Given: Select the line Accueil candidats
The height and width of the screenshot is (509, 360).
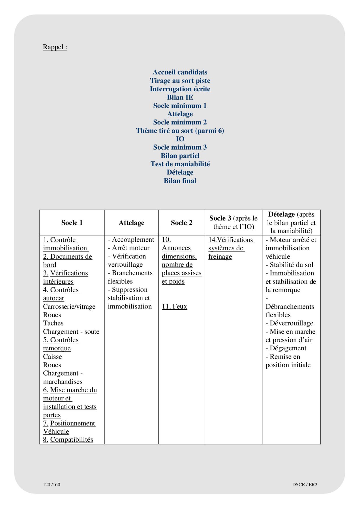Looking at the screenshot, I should (180, 72).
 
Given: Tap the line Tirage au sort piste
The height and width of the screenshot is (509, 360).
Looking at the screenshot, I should (180, 81).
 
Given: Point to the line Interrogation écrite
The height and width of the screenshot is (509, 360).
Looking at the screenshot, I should (180, 89).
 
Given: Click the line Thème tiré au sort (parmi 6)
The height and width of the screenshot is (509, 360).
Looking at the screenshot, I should (180, 131).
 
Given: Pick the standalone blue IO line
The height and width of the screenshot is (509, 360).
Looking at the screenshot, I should (180, 139).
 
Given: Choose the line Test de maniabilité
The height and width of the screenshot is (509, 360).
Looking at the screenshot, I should (180, 164).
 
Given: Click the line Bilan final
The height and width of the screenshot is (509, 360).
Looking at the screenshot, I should (180, 181).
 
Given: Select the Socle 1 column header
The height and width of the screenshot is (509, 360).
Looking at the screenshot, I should (72, 223).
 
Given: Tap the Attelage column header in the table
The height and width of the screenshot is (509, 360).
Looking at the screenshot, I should (131, 223).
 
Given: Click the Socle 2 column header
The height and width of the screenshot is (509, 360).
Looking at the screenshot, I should (181, 223).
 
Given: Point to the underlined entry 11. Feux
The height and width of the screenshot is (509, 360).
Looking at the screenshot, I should (174, 306).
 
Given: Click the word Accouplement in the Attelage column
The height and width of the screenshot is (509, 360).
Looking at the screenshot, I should (133, 240).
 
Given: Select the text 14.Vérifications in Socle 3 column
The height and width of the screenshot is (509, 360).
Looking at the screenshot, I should (231, 240).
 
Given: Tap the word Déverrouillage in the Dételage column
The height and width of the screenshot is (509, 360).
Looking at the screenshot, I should (291, 323).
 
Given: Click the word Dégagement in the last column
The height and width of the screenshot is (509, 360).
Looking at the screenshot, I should (288, 348).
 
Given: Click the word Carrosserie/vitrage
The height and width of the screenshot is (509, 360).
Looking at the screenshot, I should (69, 307).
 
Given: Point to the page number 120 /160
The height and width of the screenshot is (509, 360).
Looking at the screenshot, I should (52, 484).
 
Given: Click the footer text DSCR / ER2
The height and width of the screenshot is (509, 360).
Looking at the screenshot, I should (305, 484).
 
